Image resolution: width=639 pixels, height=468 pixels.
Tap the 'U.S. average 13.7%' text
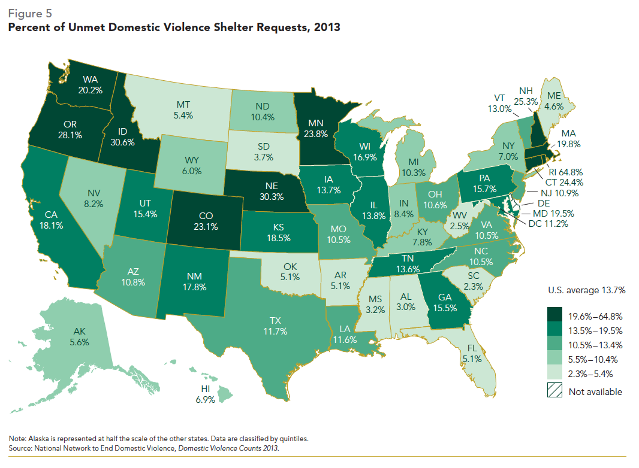tap(586, 291)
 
